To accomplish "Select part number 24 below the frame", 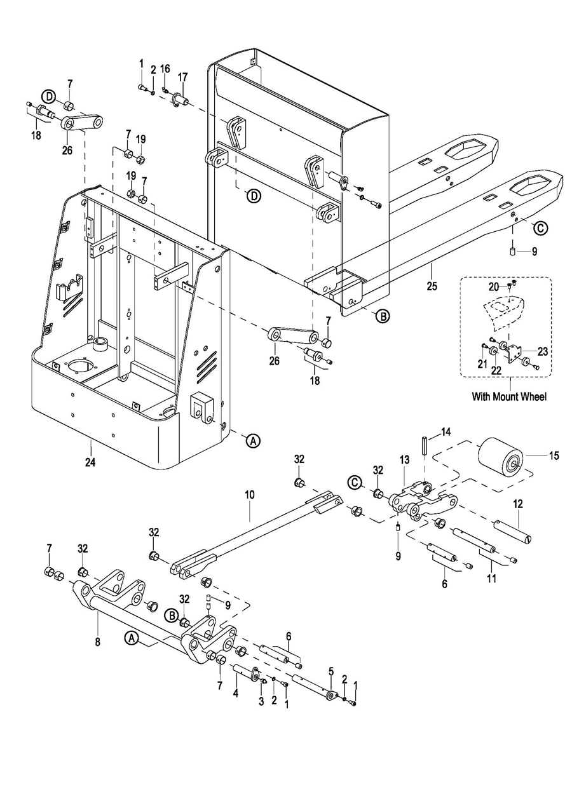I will tap(90, 462).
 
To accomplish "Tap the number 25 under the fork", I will tap(432, 286).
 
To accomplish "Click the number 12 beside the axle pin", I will tap(517, 503).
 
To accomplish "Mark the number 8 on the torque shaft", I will tap(98, 642).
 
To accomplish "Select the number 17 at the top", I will tap(182, 77).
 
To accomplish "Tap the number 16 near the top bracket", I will tap(165, 69).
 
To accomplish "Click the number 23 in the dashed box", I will tap(542, 350).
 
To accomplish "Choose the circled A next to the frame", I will tap(253, 440).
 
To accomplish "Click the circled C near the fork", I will tap(540, 226).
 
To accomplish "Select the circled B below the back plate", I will tap(381, 315).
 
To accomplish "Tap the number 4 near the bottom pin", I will tap(236, 692).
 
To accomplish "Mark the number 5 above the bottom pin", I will tap(330, 670).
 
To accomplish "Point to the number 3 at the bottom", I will tap(261, 701).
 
